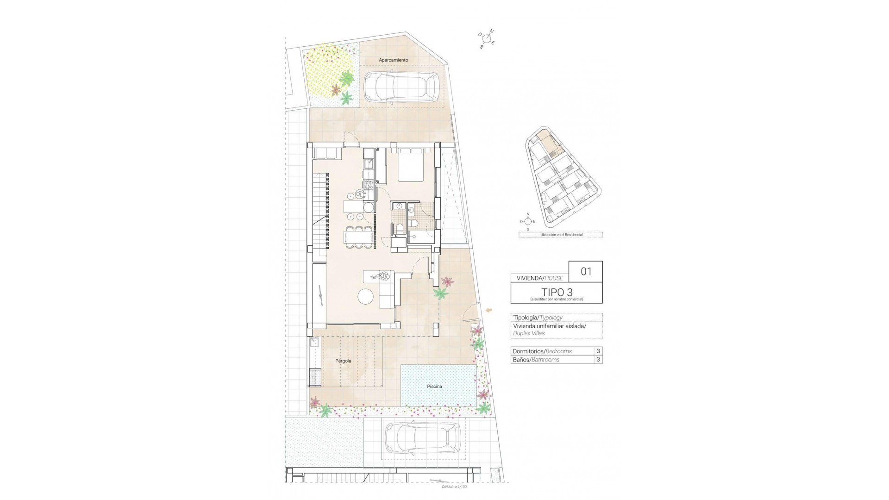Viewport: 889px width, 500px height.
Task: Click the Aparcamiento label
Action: coord(393,60)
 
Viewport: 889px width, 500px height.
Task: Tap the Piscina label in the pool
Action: coord(434,386)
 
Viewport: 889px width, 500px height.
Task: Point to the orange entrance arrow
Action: coord(489,310)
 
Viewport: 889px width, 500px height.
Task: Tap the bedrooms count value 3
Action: coord(598,351)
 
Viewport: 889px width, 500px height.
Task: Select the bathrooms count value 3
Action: coord(598,360)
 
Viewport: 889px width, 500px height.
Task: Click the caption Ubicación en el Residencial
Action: coord(561,235)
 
